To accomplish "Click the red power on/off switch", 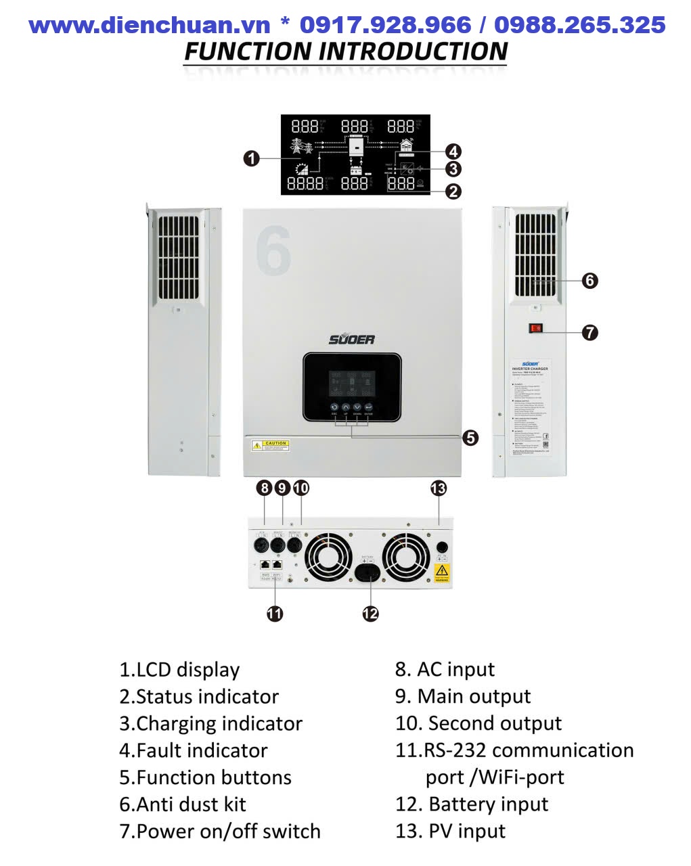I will coord(536,329).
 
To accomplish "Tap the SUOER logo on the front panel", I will coord(351,339).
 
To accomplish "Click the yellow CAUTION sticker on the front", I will coord(271,445).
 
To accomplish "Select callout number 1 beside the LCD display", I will coord(251,159).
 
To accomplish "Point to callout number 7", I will coord(590,332).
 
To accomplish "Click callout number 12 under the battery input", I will coord(370,614).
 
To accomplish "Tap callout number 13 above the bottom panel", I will coord(439,488).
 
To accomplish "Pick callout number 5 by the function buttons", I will coord(470,438).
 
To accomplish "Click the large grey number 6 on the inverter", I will coord(273,250).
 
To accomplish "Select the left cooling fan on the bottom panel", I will coord(328,558).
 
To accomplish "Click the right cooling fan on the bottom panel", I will coord(406,558).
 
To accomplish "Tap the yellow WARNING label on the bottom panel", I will coord(441,574).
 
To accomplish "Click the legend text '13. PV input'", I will coord(450,831).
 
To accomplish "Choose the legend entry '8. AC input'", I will coord(445,669).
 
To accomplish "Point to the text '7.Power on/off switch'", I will coord(220,831).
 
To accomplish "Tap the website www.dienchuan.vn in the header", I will coord(150,25).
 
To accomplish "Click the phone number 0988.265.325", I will coord(579,25).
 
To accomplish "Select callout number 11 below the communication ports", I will coord(274,614).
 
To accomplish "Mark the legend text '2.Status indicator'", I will coord(199,696).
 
